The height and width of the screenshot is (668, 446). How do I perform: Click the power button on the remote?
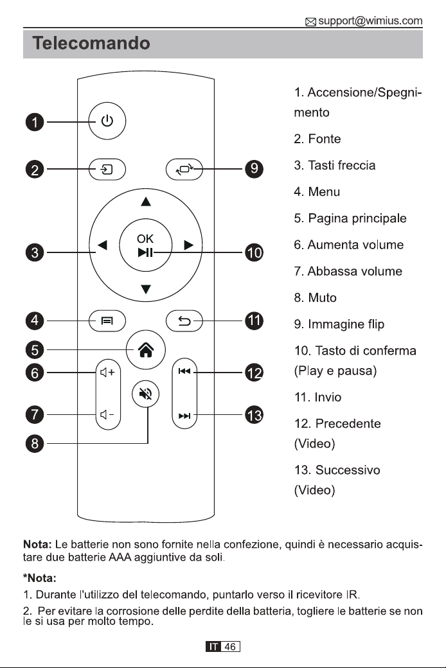[107, 121]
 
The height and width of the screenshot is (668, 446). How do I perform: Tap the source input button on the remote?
[107, 170]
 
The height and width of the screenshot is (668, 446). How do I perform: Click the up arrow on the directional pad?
[146, 202]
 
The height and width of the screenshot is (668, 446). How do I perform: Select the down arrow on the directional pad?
[146, 289]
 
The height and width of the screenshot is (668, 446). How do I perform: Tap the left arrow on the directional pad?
[102, 245]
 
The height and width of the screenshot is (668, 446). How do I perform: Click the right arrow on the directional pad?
[189, 245]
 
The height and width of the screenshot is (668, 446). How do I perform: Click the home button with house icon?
[147, 350]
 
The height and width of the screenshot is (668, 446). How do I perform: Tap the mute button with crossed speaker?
[146, 394]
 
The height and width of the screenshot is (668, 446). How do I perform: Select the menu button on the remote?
[107, 321]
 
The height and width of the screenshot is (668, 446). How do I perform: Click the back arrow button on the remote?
[184, 321]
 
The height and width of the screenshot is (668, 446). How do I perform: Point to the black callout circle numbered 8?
[35, 443]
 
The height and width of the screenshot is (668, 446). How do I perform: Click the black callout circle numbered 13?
[254, 415]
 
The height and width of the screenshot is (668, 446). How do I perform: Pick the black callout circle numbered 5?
[35, 350]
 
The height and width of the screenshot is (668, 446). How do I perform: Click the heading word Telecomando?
[91, 43]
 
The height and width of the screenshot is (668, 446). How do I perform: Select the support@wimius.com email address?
[370, 21]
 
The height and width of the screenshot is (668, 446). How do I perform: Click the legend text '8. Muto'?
[315, 297]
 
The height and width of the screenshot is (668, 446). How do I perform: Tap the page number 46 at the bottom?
[230, 647]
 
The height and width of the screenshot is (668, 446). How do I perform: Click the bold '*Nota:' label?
[40, 578]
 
